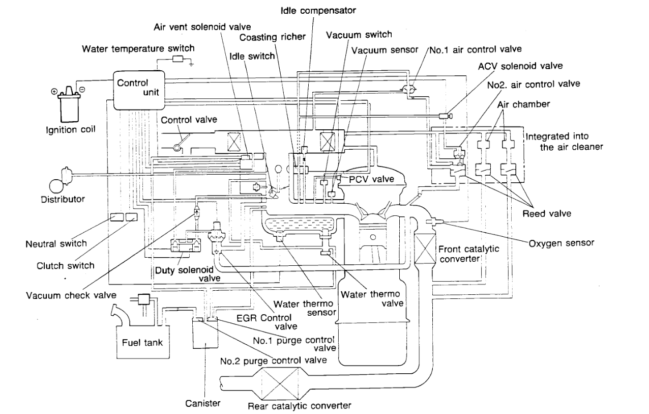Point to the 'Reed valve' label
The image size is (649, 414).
(546, 214)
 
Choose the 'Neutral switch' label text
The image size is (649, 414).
(56, 243)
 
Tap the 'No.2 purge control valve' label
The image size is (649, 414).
(273, 360)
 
